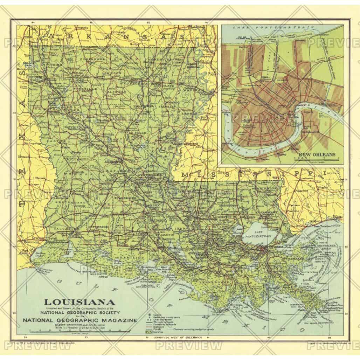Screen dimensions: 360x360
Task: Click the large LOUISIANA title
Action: click(79, 302)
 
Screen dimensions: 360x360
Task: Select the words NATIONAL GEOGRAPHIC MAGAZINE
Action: click(79, 320)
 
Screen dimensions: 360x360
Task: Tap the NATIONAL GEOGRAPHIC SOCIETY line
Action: click(80, 312)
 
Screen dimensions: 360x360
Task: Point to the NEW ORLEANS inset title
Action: click(317, 154)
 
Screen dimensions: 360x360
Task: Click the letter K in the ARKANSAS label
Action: click(82, 36)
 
